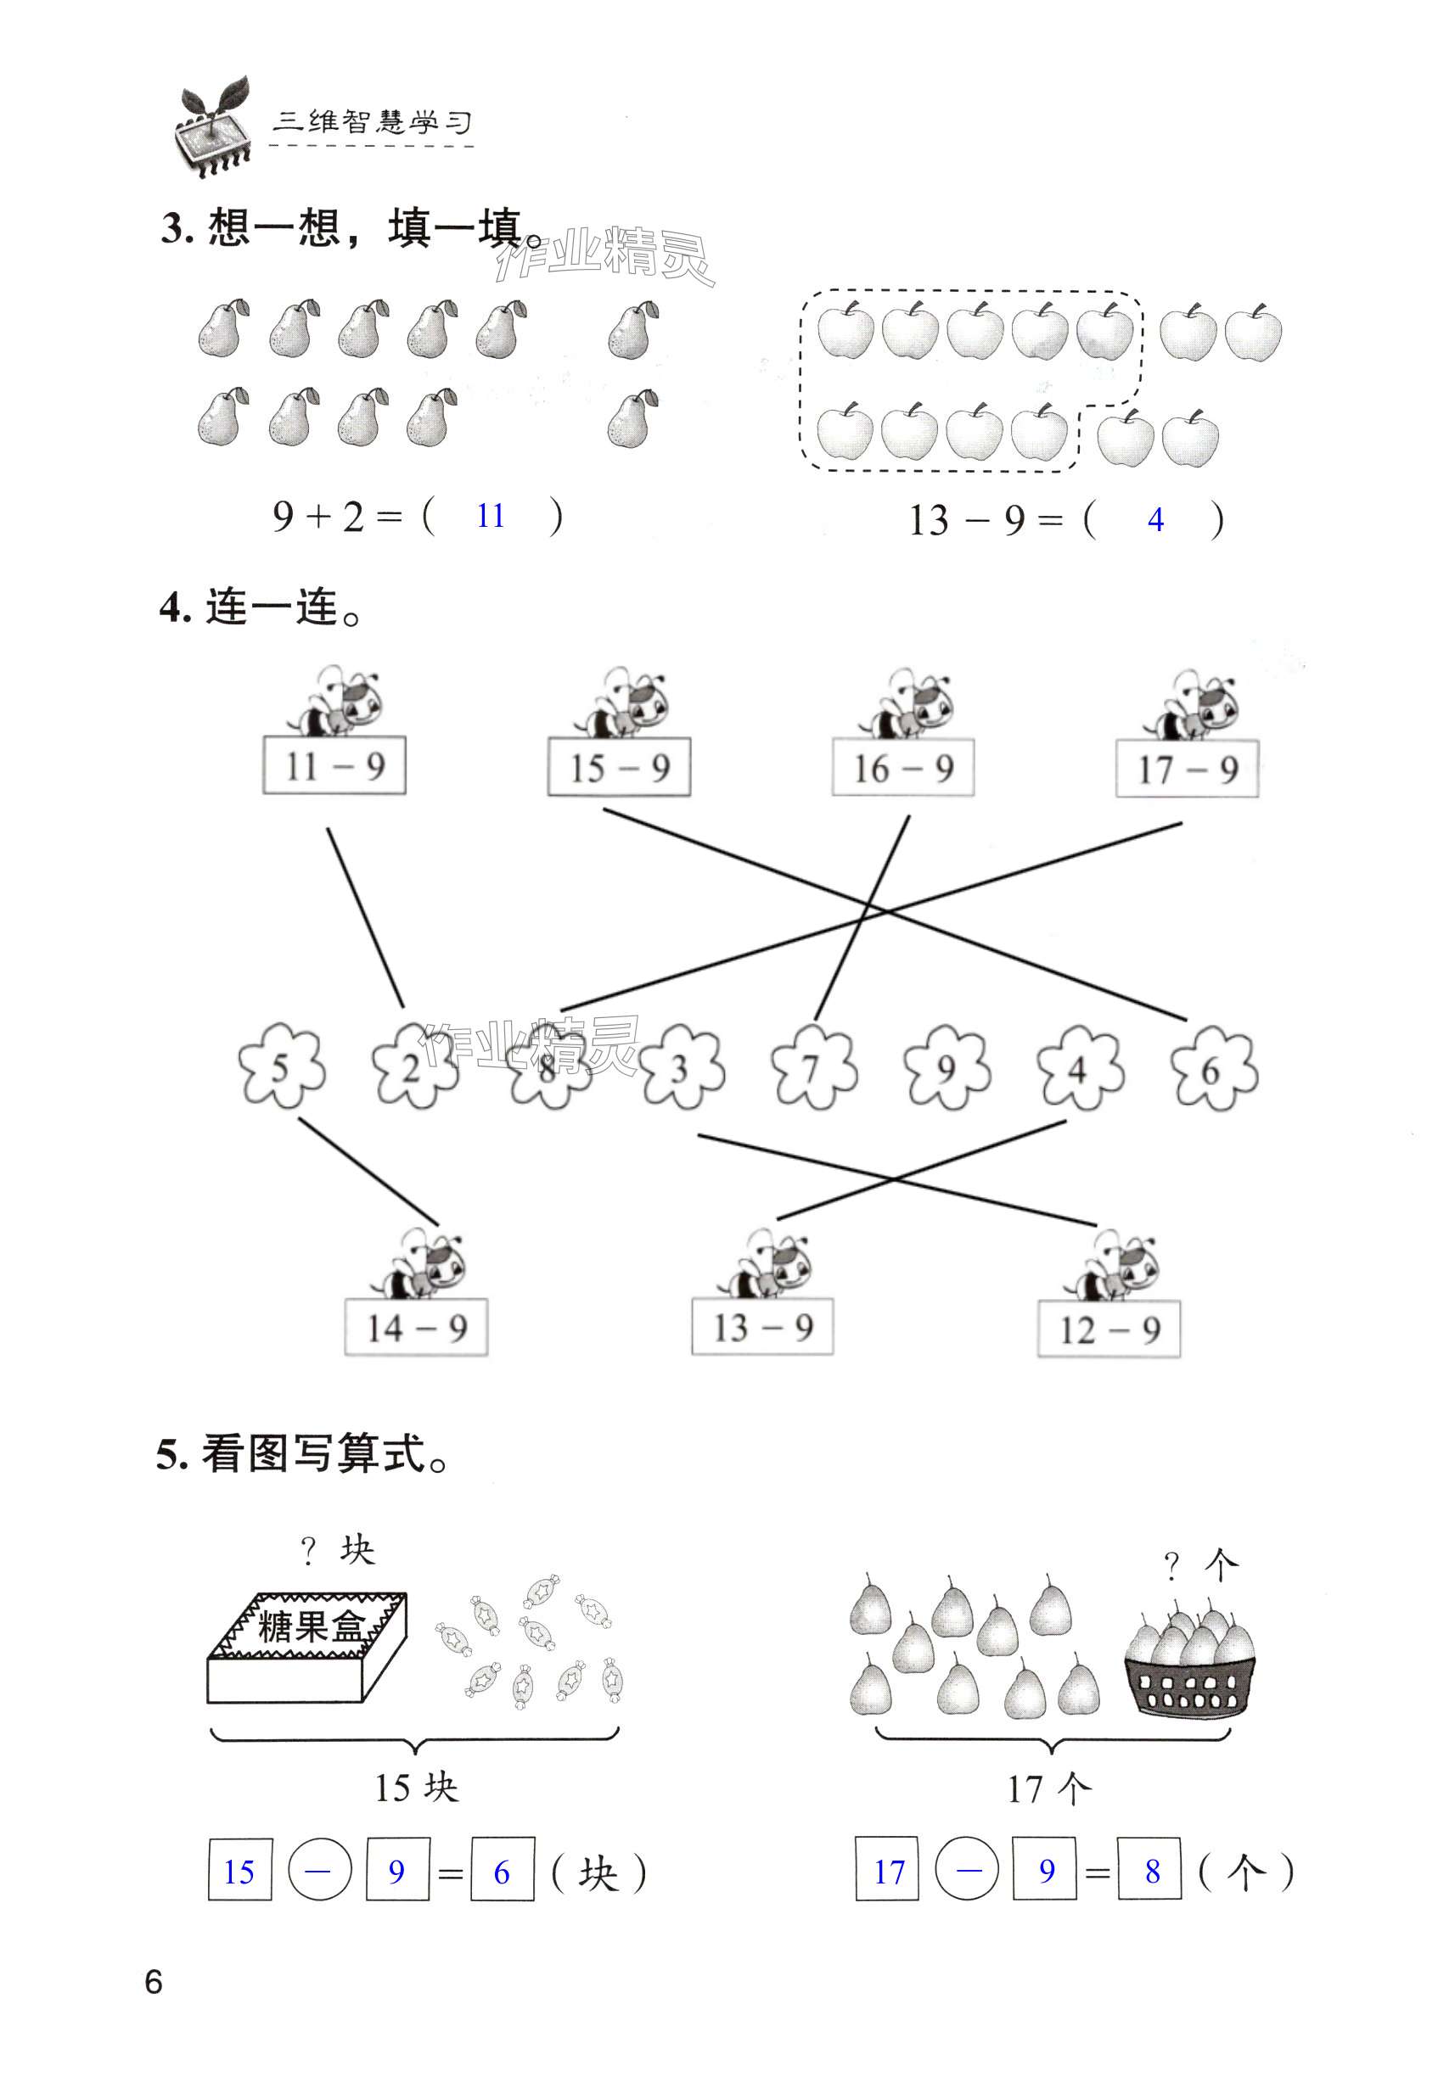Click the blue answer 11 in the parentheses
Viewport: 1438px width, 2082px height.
pyautogui.click(x=490, y=516)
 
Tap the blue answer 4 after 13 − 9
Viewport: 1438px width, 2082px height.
pyautogui.click(x=1155, y=519)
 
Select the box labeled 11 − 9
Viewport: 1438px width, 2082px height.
pyautogui.click(x=334, y=766)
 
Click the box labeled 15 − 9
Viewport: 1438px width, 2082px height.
pyautogui.click(x=619, y=767)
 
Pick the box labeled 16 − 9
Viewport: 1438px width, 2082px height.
pyautogui.click(x=903, y=768)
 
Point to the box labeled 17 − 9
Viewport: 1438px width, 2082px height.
pyautogui.click(x=1187, y=769)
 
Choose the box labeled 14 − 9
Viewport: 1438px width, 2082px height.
pyautogui.click(x=416, y=1328)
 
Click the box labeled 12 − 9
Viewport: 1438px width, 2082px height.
pyautogui.click(x=1109, y=1329)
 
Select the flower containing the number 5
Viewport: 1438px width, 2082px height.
pyautogui.click(x=281, y=1068)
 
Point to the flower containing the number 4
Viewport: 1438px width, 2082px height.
pyautogui.click(x=1078, y=1070)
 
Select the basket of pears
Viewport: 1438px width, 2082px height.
pyautogui.click(x=1188, y=1665)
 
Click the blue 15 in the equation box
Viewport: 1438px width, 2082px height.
pyautogui.click(x=239, y=1872)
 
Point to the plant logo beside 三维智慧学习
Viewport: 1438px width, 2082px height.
pyautogui.click(x=212, y=128)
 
